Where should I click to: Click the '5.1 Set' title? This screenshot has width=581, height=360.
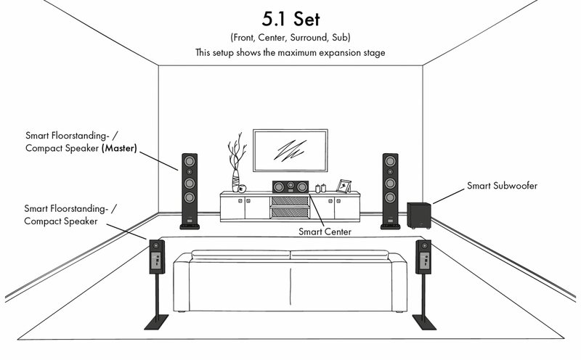[x=290, y=19]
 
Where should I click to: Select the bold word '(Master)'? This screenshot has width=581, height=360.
[x=119, y=148]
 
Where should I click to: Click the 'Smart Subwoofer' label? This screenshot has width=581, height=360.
[x=502, y=186]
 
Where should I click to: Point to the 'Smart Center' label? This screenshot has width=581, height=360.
[x=325, y=232]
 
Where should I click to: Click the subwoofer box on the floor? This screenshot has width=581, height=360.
[x=419, y=215]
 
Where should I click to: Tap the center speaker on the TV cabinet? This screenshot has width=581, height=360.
[x=290, y=187]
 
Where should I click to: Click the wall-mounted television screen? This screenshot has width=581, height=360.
[x=290, y=150]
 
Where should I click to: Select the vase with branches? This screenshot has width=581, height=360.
[x=237, y=163]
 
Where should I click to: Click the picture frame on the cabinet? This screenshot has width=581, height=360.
[x=344, y=186]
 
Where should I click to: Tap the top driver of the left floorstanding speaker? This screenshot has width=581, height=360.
[x=190, y=161]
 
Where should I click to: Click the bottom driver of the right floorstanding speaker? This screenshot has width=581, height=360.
[x=390, y=197]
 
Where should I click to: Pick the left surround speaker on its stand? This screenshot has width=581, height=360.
[x=157, y=256]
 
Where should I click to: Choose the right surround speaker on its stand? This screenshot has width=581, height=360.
[x=423, y=257]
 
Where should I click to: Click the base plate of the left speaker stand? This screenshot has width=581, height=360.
[x=156, y=322]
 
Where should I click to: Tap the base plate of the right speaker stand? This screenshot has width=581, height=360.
[x=424, y=322]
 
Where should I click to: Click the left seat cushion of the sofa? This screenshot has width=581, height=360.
[x=240, y=255]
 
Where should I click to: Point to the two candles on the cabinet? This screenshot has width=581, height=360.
[x=320, y=188]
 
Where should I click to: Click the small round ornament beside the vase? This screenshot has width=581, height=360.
[x=242, y=189]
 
